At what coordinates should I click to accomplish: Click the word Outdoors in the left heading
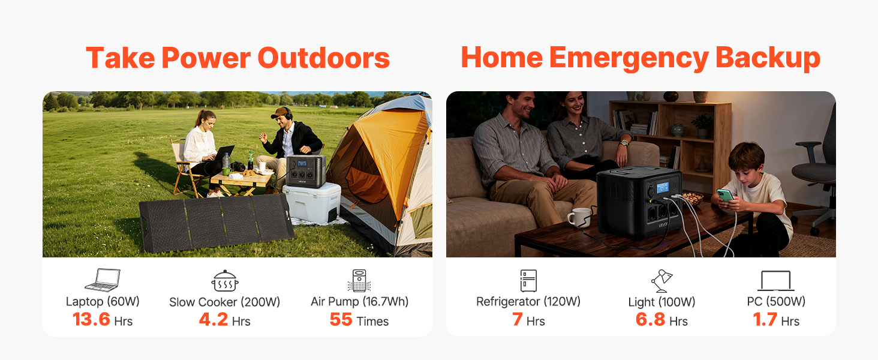point(324,58)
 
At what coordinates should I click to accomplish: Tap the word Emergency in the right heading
point(629,59)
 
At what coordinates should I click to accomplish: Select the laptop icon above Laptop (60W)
point(103,280)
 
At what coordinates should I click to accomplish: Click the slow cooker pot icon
point(224,281)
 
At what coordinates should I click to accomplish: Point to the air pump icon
point(359,280)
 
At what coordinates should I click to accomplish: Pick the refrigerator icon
point(528,280)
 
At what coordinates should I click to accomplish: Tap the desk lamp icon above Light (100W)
point(661,281)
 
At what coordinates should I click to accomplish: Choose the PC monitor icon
point(775,281)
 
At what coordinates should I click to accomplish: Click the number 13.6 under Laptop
point(91,319)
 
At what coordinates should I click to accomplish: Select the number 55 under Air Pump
point(341,320)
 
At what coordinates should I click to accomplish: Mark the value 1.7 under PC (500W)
point(765,320)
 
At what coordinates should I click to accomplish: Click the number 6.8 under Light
point(650,320)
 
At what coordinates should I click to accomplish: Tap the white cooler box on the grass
point(312,203)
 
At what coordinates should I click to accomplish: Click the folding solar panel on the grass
point(217,223)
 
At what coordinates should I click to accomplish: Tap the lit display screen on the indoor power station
point(663,187)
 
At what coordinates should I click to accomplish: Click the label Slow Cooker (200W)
point(224,302)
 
